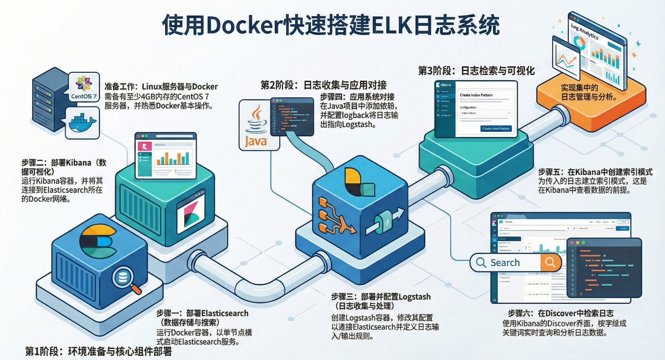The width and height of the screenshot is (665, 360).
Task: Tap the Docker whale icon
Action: (x=82, y=123)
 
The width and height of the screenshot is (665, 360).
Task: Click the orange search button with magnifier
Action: (x=550, y=262)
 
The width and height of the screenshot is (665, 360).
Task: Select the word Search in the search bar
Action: (x=505, y=262)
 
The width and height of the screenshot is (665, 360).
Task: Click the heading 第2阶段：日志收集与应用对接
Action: (x=323, y=85)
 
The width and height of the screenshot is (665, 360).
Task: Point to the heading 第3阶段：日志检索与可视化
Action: (x=476, y=71)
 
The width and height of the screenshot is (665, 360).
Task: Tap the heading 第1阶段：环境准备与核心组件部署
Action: (x=98, y=352)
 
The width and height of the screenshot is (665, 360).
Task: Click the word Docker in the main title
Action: (x=244, y=26)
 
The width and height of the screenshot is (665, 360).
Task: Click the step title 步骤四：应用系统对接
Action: (x=357, y=97)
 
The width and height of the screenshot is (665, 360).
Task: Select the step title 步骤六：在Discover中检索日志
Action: (x=560, y=313)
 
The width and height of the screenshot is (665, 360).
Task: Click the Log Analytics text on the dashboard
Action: (x=584, y=31)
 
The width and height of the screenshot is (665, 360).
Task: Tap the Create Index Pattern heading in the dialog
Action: (x=476, y=95)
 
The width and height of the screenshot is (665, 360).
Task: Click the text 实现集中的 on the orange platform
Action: (x=579, y=88)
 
